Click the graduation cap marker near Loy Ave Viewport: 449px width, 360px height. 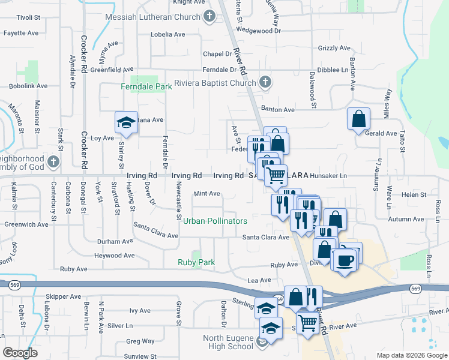click(127, 122)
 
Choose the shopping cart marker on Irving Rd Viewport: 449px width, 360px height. click(276, 175)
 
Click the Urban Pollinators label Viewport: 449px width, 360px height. click(215, 221)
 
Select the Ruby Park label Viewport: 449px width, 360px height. click(196, 262)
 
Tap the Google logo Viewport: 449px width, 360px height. click(20, 353)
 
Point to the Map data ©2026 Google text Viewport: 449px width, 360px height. click(412, 355)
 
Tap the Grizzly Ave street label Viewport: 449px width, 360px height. click(334, 48)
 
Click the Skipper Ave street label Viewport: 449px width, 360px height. click(63, 296)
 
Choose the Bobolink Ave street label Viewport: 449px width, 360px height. click(28, 86)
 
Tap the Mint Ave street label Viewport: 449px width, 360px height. click(206, 194)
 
